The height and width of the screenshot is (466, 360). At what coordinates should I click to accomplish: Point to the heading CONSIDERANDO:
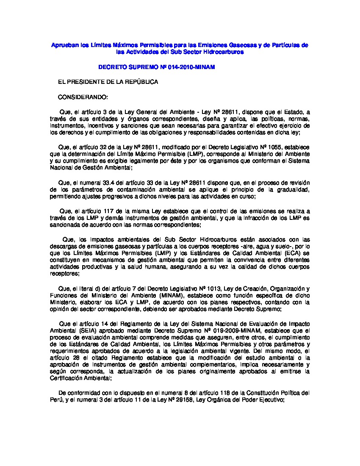[x=83, y=97]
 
